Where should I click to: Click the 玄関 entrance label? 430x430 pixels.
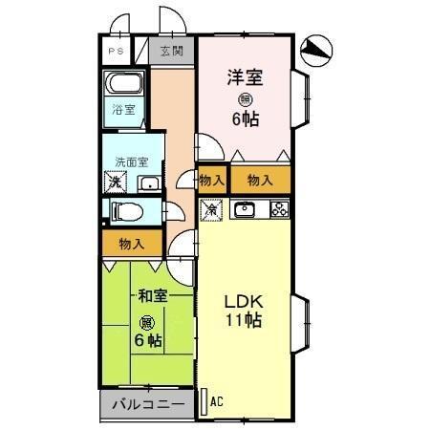pos(171,52)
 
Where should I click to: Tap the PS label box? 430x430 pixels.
pos(117,52)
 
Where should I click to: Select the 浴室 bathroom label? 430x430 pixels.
pos(123,109)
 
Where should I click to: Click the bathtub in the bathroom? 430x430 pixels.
pos(124,83)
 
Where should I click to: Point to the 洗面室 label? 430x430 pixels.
pos(132,162)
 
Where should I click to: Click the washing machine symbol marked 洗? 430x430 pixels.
pos(115,181)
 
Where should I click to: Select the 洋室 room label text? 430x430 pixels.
pos(244,75)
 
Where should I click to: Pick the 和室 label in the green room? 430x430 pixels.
pos(151,297)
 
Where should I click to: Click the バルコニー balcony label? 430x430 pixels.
pos(148,405)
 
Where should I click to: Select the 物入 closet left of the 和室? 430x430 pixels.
pos(132,245)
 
